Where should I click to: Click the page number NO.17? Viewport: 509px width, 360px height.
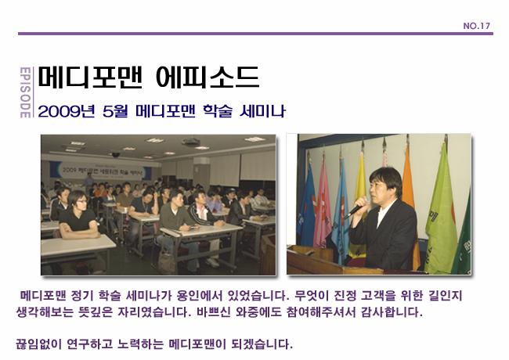coord(476,26)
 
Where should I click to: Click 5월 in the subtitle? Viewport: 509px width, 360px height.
coord(117,111)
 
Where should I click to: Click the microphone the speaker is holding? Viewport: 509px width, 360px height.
coord(359,208)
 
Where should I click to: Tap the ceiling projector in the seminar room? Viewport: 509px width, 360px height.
coord(115,155)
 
